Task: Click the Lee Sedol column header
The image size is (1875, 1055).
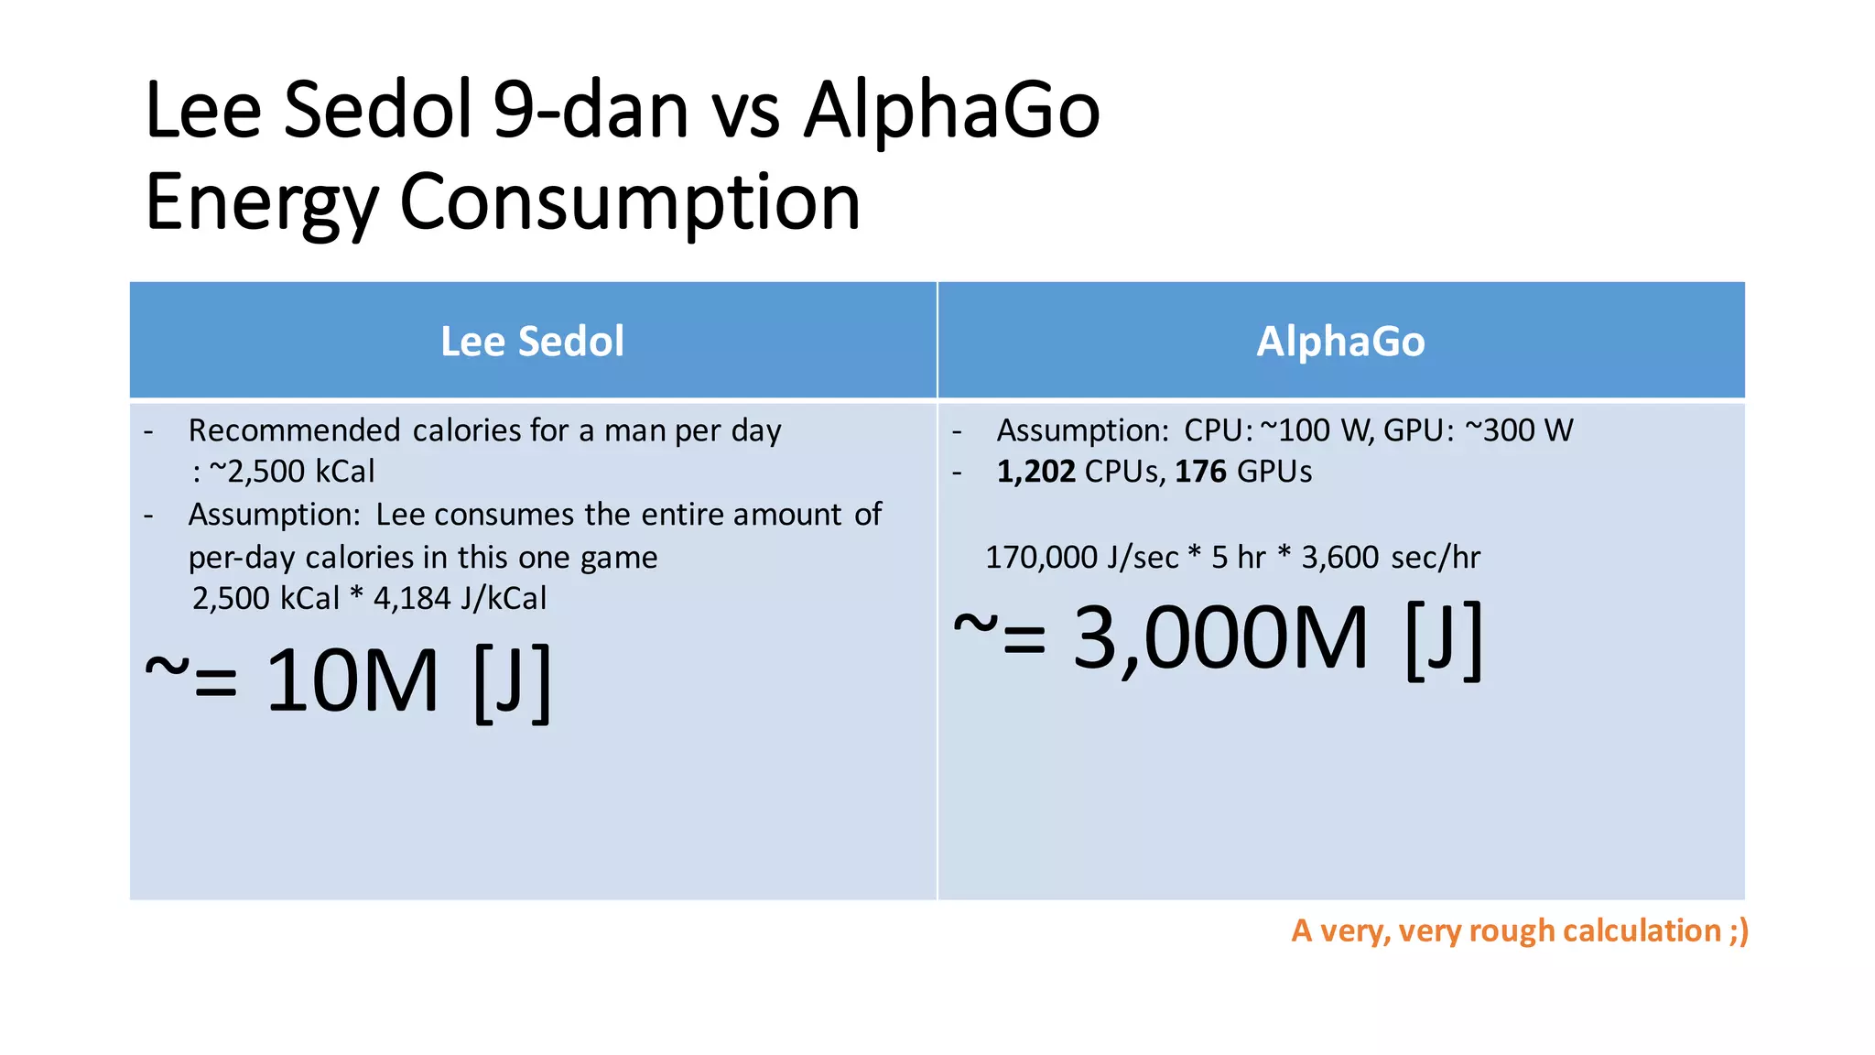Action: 532,342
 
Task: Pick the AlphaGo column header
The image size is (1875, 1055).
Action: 1340,342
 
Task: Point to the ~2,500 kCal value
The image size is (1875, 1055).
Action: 292,472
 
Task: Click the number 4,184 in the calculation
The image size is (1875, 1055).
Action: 412,599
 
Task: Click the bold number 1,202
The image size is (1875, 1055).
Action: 1035,472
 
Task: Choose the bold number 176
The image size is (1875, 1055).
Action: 1200,472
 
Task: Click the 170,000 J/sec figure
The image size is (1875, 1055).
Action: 1082,558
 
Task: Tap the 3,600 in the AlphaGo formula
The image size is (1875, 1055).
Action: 1339,558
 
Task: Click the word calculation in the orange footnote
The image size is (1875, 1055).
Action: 1642,931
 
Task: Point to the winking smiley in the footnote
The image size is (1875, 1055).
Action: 1739,931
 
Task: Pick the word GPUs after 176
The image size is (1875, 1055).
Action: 1274,472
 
